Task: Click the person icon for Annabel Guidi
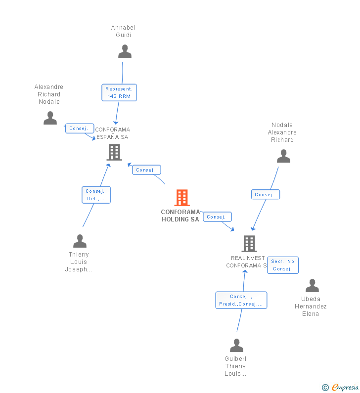[x=125, y=51]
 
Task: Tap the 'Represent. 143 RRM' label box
[x=119, y=92]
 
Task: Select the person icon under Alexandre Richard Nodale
[x=50, y=118]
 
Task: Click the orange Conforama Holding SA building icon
[x=181, y=198]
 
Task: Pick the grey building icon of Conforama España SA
[x=114, y=152]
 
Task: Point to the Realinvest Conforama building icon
[x=249, y=244]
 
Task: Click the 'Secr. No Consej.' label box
[x=282, y=265]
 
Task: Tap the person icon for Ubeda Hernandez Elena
[x=312, y=286]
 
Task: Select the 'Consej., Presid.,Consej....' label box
[x=241, y=300]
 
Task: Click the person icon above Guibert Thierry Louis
[x=236, y=346]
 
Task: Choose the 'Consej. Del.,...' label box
[x=96, y=195]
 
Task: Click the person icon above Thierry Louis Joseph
[x=80, y=241]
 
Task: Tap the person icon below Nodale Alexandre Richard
[x=283, y=156]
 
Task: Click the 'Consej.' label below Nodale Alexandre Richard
[x=265, y=195]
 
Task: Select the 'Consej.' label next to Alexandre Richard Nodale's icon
[x=79, y=129]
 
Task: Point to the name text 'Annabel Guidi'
[x=123, y=31]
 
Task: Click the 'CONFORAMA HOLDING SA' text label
[x=180, y=216]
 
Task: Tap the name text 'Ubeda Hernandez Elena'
[x=311, y=306]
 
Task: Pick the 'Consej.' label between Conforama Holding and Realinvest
[x=217, y=217]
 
